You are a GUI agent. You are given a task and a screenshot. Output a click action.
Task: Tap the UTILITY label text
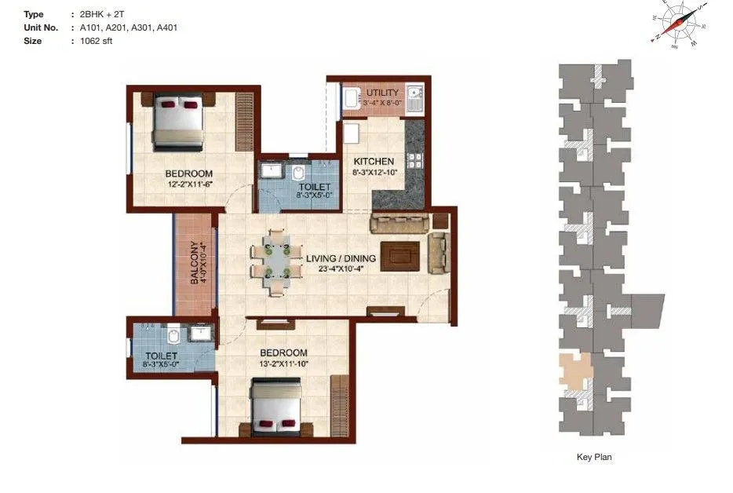382,93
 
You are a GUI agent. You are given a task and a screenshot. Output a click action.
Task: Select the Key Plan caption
594,457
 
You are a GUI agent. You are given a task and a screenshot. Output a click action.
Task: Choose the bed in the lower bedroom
275,407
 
